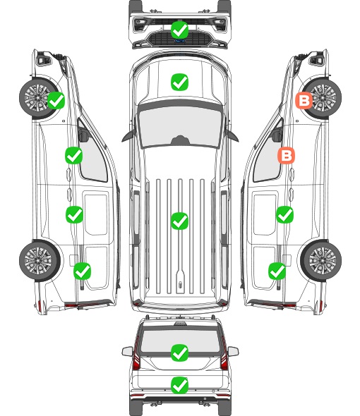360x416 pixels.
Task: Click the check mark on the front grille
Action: coord(179,30)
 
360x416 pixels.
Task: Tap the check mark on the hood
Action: coord(179,82)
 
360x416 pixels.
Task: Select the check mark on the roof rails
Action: coord(179,221)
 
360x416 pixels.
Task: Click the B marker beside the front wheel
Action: coord(304,101)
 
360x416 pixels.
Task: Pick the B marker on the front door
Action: coord(286,155)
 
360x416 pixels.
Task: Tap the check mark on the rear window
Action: coord(179,353)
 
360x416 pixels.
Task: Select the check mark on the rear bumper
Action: coord(179,385)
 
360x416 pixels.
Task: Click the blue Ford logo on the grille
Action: coord(179,41)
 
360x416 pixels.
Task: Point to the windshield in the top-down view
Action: coord(180,127)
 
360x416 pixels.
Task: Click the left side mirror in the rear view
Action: coord(127,351)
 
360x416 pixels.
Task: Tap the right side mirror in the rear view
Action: coord(233,351)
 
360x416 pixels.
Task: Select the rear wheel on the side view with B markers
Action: coord(321,260)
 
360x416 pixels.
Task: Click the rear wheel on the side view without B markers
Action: coord(40,260)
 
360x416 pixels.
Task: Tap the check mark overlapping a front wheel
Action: coord(56,100)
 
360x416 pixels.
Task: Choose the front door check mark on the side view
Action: coord(74,155)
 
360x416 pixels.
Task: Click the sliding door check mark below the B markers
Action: coord(284,214)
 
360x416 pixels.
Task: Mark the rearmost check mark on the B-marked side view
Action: coord(277,271)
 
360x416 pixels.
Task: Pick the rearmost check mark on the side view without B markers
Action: coord(82,271)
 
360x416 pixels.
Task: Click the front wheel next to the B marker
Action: coord(321,98)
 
